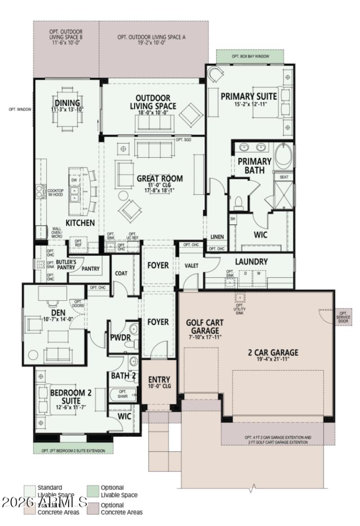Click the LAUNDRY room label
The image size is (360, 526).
coord(251,262)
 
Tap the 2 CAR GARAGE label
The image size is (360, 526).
coord(273,353)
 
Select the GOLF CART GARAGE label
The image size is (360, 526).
coord(204,327)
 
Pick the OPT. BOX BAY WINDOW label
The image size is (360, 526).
coord(250,56)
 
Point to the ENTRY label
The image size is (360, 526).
coord(159,380)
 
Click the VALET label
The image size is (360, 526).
coord(191,266)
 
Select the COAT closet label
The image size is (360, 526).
coord(121,273)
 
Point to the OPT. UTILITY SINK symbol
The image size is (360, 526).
coord(240,298)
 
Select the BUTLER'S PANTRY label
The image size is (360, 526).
coord(66,264)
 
